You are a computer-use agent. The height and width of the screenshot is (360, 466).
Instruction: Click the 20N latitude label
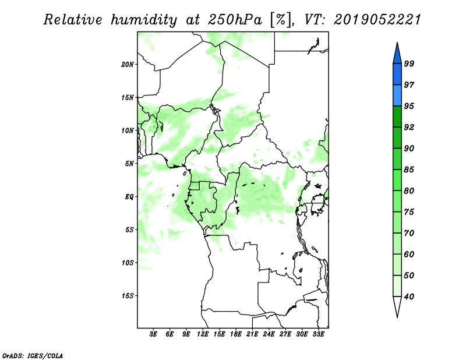[x=128, y=65]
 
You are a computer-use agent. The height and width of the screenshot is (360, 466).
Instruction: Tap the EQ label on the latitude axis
[x=129, y=197]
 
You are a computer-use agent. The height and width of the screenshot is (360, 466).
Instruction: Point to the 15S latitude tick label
[x=128, y=296]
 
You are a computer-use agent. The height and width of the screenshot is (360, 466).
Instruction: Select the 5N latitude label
[x=129, y=164]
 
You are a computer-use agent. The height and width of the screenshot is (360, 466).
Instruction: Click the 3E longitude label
[x=153, y=334]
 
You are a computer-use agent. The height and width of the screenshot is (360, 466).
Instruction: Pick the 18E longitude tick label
[x=236, y=334]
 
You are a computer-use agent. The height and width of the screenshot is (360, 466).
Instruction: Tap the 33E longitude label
[x=318, y=334]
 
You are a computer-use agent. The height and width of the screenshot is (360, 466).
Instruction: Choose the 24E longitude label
[x=269, y=334]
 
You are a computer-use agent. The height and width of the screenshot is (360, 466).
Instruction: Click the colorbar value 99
[x=409, y=63]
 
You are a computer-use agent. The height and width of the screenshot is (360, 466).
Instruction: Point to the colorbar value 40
[x=409, y=297]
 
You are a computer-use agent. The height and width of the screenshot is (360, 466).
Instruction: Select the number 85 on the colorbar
[x=409, y=170]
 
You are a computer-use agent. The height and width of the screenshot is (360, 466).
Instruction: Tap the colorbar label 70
[x=409, y=233]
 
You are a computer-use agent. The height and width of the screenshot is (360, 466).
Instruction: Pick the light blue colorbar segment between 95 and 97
[x=397, y=96]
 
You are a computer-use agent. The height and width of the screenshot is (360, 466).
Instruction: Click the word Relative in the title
[x=73, y=20]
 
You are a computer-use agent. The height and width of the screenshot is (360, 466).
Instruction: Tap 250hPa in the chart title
[x=235, y=20]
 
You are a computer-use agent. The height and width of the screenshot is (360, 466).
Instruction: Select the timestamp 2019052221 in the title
[x=377, y=20]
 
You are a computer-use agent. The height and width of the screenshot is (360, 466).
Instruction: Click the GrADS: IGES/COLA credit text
[x=33, y=356]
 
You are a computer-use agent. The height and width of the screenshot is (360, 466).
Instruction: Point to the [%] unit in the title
[x=281, y=20]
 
